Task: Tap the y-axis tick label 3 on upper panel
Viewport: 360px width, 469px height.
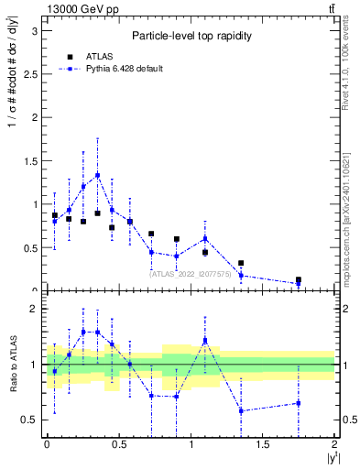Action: [34, 30]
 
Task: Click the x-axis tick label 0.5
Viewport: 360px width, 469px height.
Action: [118, 443]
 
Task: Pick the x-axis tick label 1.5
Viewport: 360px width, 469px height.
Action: [263, 443]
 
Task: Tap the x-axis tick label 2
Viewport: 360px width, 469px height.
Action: [335, 443]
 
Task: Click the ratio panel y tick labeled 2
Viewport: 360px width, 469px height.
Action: [34, 309]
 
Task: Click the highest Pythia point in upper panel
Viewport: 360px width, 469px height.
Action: [97, 175]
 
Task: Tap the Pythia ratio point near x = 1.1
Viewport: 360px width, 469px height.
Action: [205, 340]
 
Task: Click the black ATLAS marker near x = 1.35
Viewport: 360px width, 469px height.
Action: [241, 263]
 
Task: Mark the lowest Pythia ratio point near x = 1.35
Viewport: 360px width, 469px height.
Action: [241, 410]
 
